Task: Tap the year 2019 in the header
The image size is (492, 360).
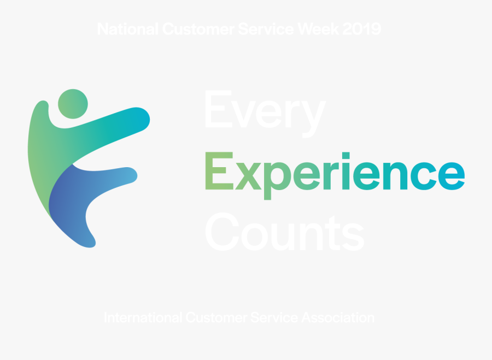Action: pos(362,29)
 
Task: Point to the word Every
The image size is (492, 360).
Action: pos(265,112)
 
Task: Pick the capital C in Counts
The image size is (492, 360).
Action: pos(223,232)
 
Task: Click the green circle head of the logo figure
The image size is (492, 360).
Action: pos(73,103)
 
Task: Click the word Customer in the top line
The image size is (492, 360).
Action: pos(200,29)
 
